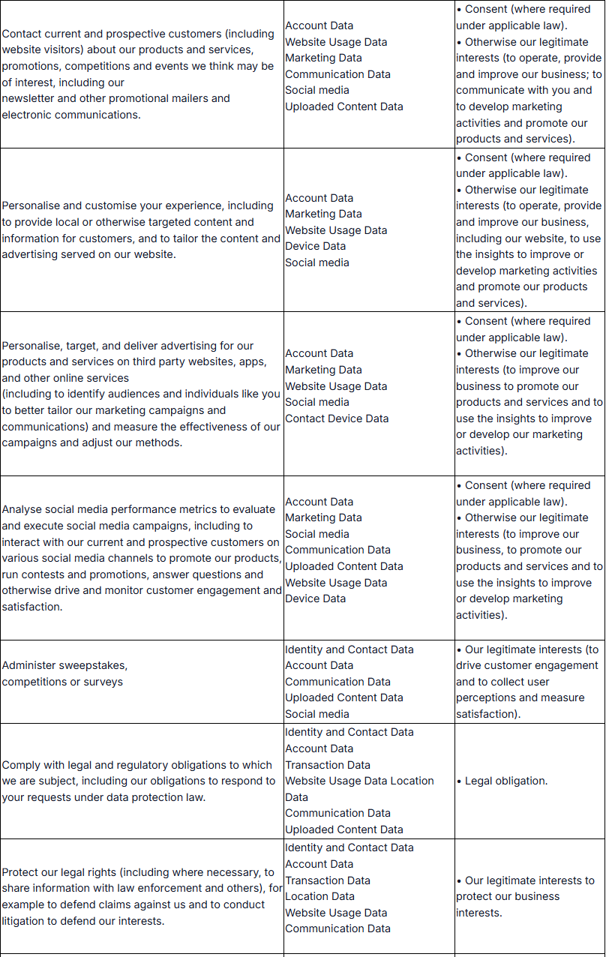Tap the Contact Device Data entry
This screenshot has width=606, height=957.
pos(337,418)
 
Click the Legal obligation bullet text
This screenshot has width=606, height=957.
pos(506,781)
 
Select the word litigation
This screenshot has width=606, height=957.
pos(28,921)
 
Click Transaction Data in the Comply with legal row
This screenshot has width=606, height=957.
pos(328,765)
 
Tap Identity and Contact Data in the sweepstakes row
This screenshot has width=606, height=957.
pos(349,649)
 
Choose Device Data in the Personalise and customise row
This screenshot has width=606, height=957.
pos(315,246)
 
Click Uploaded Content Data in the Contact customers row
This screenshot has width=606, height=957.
pos(343,106)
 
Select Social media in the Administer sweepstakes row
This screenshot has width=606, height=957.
pos(317,714)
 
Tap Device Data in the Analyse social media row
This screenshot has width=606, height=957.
pos(315,598)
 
